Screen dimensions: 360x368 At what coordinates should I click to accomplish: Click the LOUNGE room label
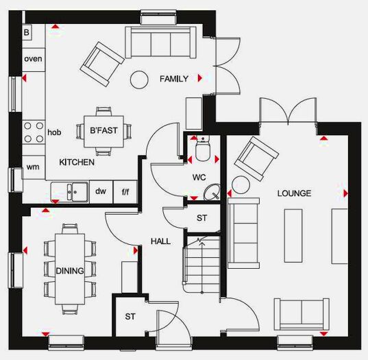[x=294, y=193]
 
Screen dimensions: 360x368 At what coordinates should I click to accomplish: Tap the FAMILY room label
[x=173, y=79]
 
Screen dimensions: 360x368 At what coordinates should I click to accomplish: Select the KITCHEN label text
[x=76, y=163]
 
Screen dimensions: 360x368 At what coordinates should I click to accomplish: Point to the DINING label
[x=70, y=271]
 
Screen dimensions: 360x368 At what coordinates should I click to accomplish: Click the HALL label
[x=160, y=241]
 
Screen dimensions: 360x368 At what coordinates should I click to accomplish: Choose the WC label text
[x=199, y=177]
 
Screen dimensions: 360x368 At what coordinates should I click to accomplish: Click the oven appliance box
[x=33, y=59]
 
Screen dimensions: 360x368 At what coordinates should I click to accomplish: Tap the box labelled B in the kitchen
[x=27, y=32]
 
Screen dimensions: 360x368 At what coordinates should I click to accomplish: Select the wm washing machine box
[x=33, y=167]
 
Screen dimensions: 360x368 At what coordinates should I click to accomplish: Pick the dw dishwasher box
[x=101, y=191]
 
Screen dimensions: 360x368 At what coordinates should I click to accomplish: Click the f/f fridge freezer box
[x=125, y=192]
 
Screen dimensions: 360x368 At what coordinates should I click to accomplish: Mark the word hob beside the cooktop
[x=55, y=132]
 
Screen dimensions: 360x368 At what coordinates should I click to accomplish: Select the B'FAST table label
[x=104, y=129]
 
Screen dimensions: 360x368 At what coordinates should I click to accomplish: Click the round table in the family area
[x=140, y=79]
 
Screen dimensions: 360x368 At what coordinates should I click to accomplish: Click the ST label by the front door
[x=130, y=317]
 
